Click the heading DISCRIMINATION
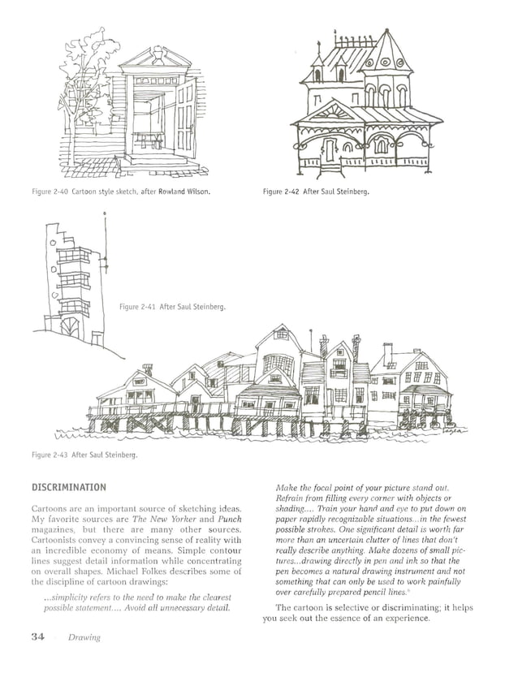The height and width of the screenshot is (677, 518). [68, 487]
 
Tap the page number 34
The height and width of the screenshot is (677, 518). [38, 636]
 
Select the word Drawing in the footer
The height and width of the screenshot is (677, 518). [84, 637]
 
